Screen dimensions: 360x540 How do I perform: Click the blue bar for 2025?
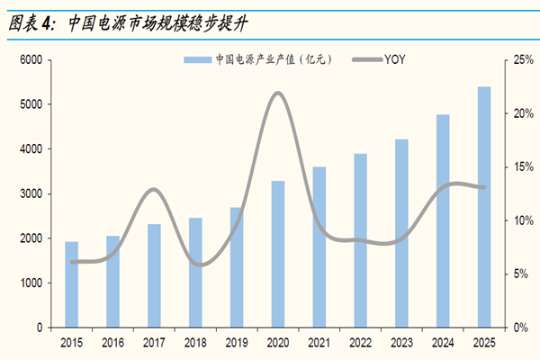[483, 207]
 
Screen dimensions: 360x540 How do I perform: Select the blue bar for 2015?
[71, 284]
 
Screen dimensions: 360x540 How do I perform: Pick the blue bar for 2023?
[401, 233]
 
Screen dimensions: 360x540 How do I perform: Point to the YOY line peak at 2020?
[277, 93]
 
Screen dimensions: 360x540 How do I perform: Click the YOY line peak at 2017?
[154, 189]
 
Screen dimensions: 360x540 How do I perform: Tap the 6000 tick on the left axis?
[31, 59]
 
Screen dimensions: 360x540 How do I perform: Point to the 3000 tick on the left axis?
[31, 193]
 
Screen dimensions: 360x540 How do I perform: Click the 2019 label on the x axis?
[236, 343]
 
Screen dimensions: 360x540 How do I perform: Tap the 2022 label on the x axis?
[360, 343]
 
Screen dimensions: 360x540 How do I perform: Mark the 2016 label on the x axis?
[112, 343]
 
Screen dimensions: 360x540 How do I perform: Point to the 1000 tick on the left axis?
[31, 283]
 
